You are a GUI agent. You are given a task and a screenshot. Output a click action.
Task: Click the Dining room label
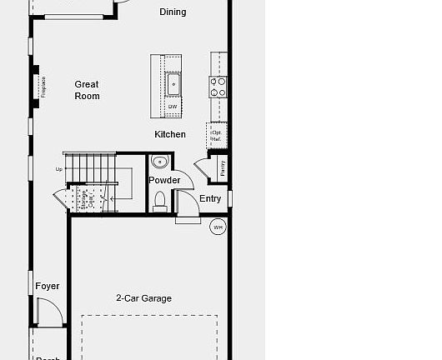click(x=173, y=12)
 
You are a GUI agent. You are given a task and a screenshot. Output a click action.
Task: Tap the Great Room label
click(x=87, y=90)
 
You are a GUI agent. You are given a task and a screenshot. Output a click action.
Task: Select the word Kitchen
click(x=170, y=134)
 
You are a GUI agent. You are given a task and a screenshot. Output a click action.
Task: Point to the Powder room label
click(x=164, y=180)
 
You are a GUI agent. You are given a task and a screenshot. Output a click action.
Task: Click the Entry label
click(x=210, y=198)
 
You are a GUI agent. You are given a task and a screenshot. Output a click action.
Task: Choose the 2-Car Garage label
click(x=143, y=298)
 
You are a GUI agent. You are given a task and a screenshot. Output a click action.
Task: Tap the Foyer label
click(x=48, y=286)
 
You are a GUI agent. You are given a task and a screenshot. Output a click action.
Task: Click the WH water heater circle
click(x=218, y=227)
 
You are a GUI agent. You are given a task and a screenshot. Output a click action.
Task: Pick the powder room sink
click(x=160, y=162)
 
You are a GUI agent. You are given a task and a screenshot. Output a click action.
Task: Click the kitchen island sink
click(x=174, y=84)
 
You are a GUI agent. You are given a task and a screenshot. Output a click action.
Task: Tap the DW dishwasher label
click(x=173, y=107)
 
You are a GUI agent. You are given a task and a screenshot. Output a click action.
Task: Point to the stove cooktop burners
click(x=218, y=87)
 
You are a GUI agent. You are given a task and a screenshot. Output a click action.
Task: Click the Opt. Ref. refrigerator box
click(x=217, y=134)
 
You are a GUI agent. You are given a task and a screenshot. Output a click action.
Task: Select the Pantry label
click(x=223, y=167)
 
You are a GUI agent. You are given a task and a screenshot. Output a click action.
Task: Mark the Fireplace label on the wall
click(x=43, y=86)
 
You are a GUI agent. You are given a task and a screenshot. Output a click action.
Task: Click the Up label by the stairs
click(x=59, y=169)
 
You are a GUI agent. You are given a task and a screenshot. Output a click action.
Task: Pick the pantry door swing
click(x=201, y=165)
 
